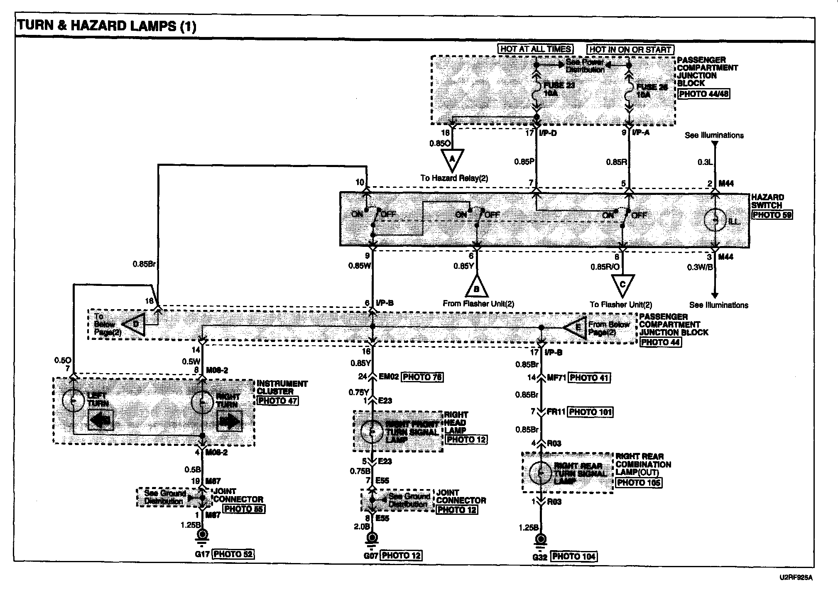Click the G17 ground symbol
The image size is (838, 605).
[x=202, y=536]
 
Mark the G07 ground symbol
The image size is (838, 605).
[x=371, y=539]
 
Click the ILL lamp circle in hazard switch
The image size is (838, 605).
[x=715, y=220]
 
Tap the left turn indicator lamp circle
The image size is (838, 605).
[x=73, y=401]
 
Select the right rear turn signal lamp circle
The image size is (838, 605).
[x=541, y=472]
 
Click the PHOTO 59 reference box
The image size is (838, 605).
[x=772, y=215]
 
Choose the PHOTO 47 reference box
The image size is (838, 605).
[x=277, y=401]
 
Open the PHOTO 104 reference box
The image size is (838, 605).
[x=573, y=556]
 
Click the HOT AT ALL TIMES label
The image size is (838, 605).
[x=536, y=49]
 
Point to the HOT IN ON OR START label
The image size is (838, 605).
[x=630, y=49]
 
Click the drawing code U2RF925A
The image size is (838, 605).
[x=796, y=578]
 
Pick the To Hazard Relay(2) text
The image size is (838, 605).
[x=454, y=178]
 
